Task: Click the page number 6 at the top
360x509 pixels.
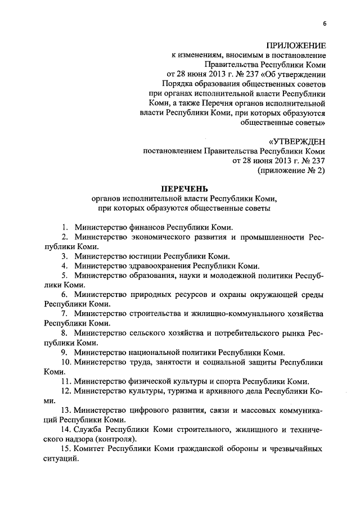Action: click(325, 23)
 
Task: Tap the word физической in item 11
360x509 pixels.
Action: click(149, 381)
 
